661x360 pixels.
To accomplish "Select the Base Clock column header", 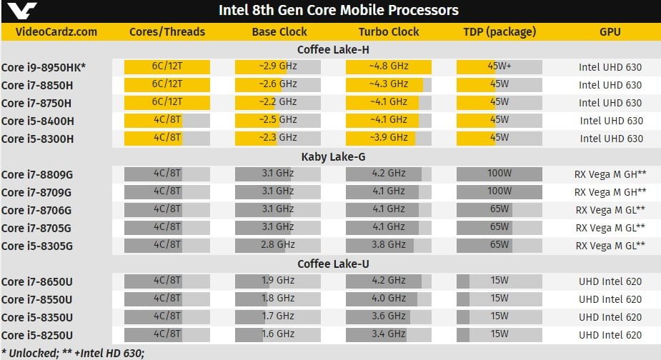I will click(x=279, y=31).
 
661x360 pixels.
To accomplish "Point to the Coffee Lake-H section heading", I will click(x=332, y=49).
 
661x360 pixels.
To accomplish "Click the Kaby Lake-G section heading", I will click(x=332, y=156).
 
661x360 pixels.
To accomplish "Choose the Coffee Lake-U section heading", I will click(x=332, y=264).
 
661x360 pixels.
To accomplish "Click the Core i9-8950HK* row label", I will click(x=44, y=67).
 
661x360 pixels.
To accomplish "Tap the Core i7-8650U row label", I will click(x=39, y=281).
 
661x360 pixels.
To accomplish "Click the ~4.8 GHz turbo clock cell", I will click(x=389, y=67).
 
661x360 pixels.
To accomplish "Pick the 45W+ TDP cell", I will click(x=500, y=67).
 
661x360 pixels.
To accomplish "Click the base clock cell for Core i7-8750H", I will click(x=278, y=103).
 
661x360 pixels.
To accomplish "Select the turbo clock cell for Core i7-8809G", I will click(x=389, y=174).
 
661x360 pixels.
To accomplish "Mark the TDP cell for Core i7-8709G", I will click(x=500, y=191).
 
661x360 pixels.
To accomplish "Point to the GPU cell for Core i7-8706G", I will click(x=610, y=210).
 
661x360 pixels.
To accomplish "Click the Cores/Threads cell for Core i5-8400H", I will click(x=167, y=121).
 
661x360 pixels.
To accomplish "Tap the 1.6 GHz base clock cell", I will click(x=278, y=335).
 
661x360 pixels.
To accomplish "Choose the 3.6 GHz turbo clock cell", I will click(x=389, y=317).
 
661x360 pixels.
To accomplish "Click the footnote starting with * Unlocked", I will click(x=74, y=352).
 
